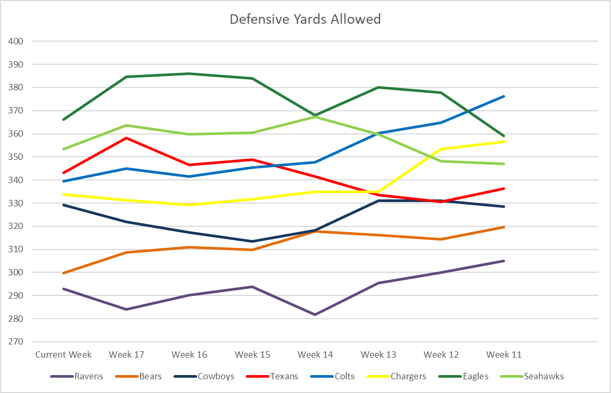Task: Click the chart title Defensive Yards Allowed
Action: [305, 20]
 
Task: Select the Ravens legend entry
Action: [89, 376]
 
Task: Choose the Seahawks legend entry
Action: [544, 376]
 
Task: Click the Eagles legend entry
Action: [476, 376]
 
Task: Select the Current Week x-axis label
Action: [63, 354]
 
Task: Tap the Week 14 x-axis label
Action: [315, 354]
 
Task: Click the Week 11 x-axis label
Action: [504, 354]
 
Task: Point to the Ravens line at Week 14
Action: [315, 314]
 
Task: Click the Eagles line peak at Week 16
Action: [189, 74]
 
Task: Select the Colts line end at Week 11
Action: [504, 97]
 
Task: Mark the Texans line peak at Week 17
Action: [127, 138]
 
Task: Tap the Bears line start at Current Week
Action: [63, 273]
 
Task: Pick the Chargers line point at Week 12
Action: [441, 149]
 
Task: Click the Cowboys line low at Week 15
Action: [253, 241]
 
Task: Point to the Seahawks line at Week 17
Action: [127, 126]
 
